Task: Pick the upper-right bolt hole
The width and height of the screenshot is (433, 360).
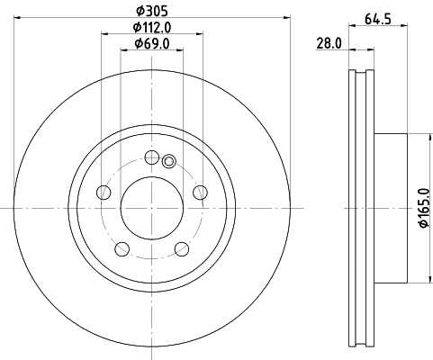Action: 200,192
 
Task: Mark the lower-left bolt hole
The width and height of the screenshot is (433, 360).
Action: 122,248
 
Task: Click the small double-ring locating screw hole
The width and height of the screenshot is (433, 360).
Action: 169,162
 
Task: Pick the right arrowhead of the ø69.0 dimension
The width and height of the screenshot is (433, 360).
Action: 179,51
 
